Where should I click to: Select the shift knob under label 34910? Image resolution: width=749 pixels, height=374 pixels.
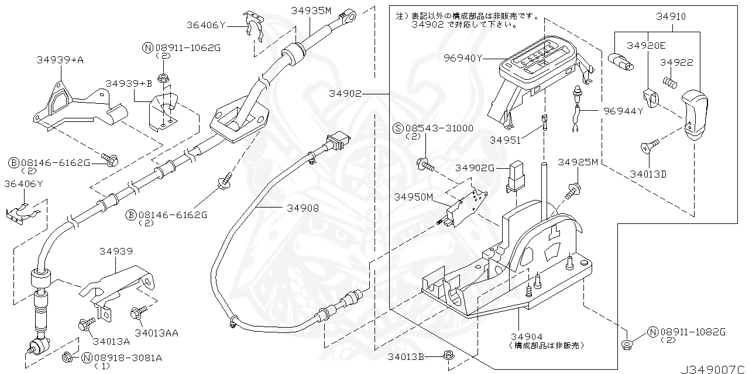[695, 114]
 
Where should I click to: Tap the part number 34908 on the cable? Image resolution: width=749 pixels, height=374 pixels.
[303, 208]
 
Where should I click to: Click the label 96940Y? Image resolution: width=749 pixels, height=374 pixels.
[463, 58]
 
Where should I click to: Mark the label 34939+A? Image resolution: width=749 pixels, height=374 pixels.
[60, 60]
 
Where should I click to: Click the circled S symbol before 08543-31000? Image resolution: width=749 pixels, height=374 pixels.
[397, 128]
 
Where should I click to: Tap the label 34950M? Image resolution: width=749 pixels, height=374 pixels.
[413, 198]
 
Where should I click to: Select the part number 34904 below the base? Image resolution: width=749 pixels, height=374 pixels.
[526, 336]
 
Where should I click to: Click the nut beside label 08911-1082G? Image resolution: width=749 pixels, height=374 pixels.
[626, 344]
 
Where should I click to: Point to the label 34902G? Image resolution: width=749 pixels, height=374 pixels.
[476, 168]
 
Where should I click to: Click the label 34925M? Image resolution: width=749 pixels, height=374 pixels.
[578, 162]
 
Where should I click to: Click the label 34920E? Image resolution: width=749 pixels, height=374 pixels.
[646, 45]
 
